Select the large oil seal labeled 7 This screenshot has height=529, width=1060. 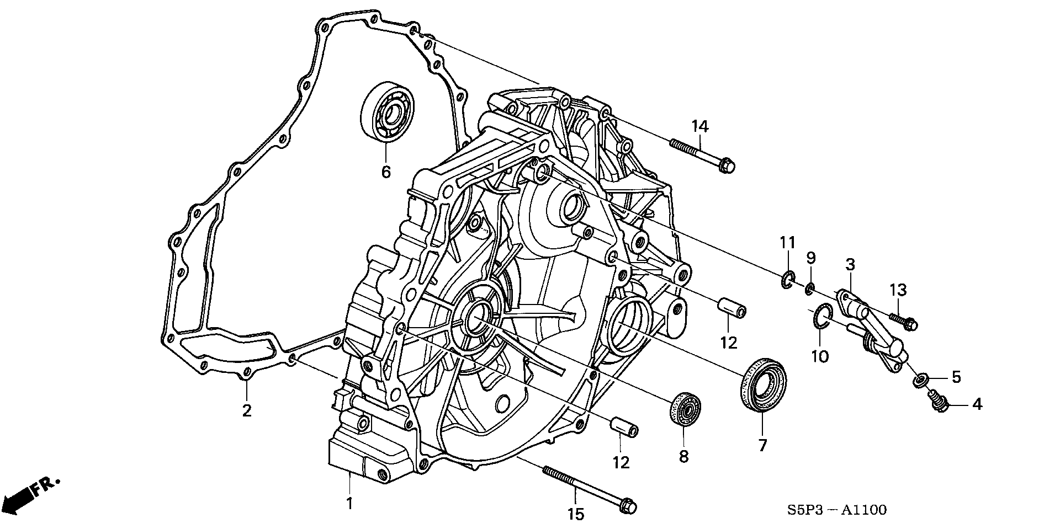(x=763, y=384)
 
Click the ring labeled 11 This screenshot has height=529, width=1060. (x=788, y=280)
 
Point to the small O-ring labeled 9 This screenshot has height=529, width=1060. (x=810, y=288)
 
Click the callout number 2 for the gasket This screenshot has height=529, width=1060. (x=247, y=410)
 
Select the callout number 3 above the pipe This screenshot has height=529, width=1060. (x=850, y=264)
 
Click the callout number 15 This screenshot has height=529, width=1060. (x=575, y=514)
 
